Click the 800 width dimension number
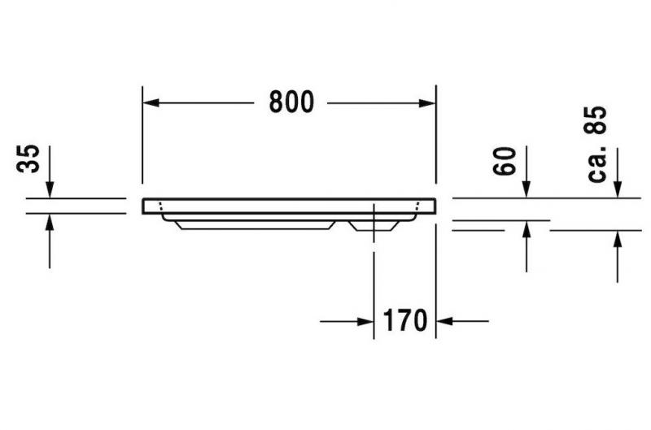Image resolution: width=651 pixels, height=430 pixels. (x=291, y=102)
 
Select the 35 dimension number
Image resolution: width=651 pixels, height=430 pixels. (x=28, y=159)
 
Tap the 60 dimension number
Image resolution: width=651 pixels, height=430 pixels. (x=505, y=161)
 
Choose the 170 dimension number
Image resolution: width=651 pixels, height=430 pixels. (x=404, y=321)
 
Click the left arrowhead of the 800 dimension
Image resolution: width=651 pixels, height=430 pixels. (x=151, y=102)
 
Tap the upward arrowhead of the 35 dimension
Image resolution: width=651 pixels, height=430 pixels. (x=50, y=222)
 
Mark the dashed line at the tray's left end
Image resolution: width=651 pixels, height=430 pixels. (x=162, y=206)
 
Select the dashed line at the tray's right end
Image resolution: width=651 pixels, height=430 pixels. (x=417, y=206)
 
